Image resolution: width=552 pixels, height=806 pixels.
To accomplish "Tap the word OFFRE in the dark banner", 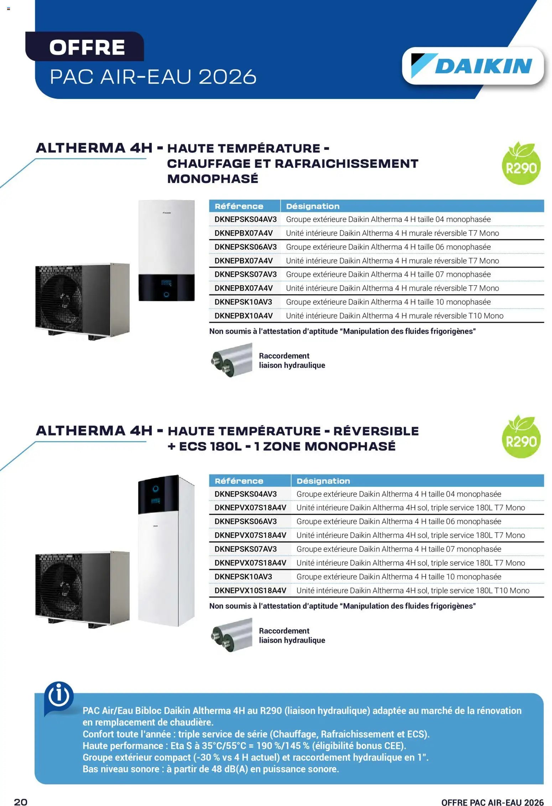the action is (x=87, y=47).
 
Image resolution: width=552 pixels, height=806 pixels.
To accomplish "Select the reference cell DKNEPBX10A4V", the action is (x=244, y=316).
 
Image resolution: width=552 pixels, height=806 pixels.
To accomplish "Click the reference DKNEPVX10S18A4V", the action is (x=250, y=590).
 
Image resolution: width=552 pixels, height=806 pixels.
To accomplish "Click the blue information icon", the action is (x=59, y=697).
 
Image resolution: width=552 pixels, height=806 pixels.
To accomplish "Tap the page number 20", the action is (x=21, y=802).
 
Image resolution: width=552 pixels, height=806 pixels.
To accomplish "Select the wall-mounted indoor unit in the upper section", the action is (x=166, y=250).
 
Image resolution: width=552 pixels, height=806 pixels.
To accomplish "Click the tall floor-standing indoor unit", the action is (x=166, y=550).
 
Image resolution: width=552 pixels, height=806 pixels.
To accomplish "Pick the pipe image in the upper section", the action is (x=231, y=360).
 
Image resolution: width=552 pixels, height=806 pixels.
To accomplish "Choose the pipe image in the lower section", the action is (x=231, y=635).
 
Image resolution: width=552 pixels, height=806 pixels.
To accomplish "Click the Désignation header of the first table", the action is (x=313, y=206).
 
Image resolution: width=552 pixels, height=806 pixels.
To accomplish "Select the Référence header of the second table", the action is (x=239, y=481).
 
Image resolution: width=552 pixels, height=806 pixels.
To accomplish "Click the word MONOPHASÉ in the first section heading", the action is (x=213, y=178).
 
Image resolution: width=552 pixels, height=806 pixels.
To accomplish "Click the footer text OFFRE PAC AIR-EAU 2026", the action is (x=493, y=802).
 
